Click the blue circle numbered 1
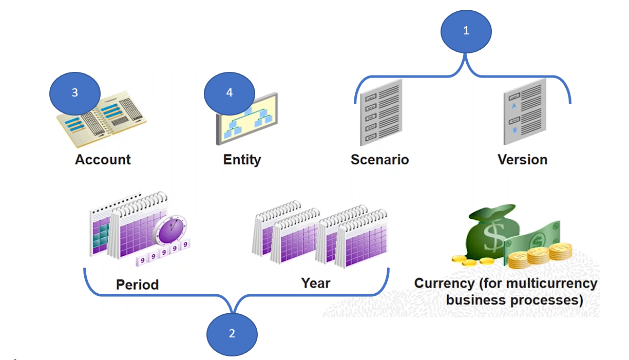466,31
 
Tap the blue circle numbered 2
232,334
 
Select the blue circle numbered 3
74,93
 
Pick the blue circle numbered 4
230,93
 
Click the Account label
103,160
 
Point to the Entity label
242,160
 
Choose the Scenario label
379,160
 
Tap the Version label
522,160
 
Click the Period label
137,285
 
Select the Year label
316,283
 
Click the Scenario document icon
380,113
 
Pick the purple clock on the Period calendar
172,229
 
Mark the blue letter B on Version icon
514,130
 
